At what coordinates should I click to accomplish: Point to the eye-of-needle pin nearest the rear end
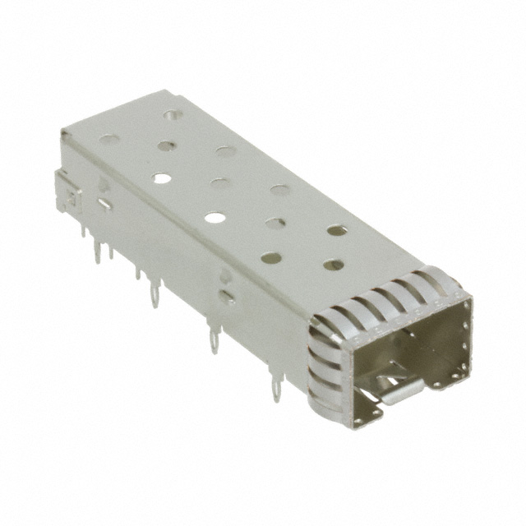[154, 292]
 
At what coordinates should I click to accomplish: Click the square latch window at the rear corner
[70, 197]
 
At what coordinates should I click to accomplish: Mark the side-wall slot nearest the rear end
[104, 204]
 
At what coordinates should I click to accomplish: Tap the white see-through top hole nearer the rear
[162, 177]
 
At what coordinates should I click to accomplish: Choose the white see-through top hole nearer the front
[215, 218]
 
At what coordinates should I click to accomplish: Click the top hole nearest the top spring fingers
[334, 265]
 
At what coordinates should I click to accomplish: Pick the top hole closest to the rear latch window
[107, 138]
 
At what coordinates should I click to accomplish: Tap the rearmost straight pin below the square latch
[83, 232]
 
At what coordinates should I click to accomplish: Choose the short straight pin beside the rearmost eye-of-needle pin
[137, 271]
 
